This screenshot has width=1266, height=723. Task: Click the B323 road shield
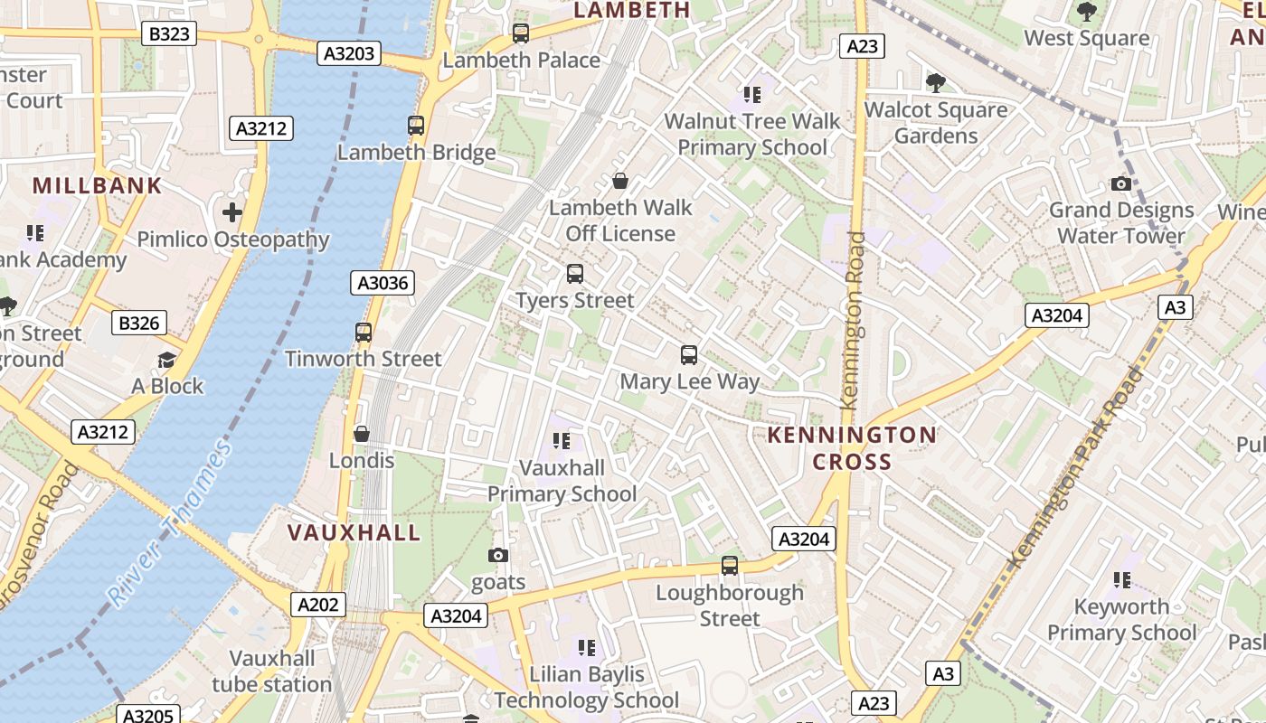[x=169, y=34]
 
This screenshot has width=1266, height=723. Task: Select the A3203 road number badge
[x=349, y=53]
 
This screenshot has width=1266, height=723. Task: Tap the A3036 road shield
[x=383, y=283]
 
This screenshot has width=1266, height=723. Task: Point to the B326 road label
[x=138, y=323]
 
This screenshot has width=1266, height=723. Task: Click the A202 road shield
[x=317, y=605]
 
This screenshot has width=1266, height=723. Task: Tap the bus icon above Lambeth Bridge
[x=416, y=126]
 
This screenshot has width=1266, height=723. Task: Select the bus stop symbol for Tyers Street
[x=574, y=273]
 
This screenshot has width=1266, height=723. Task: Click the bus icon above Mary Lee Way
[x=689, y=355]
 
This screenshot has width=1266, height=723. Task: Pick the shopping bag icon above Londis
[x=362, y=434]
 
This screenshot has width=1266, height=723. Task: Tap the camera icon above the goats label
[x=498, y=555]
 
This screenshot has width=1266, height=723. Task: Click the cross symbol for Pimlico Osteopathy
[x=232, y=212]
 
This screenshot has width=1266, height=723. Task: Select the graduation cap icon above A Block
[x=167, y=360]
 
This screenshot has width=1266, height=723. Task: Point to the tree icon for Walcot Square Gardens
[x=935, y=83]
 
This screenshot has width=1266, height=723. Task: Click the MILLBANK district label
[x=97, y=186]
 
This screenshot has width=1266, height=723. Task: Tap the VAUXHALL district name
[x=354, y=532]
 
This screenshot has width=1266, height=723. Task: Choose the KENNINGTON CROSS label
[x=852, y=448]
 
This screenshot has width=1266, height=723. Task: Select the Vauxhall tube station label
[x=272, y=671]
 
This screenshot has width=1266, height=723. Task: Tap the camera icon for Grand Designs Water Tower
[x=1121, y=183]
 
